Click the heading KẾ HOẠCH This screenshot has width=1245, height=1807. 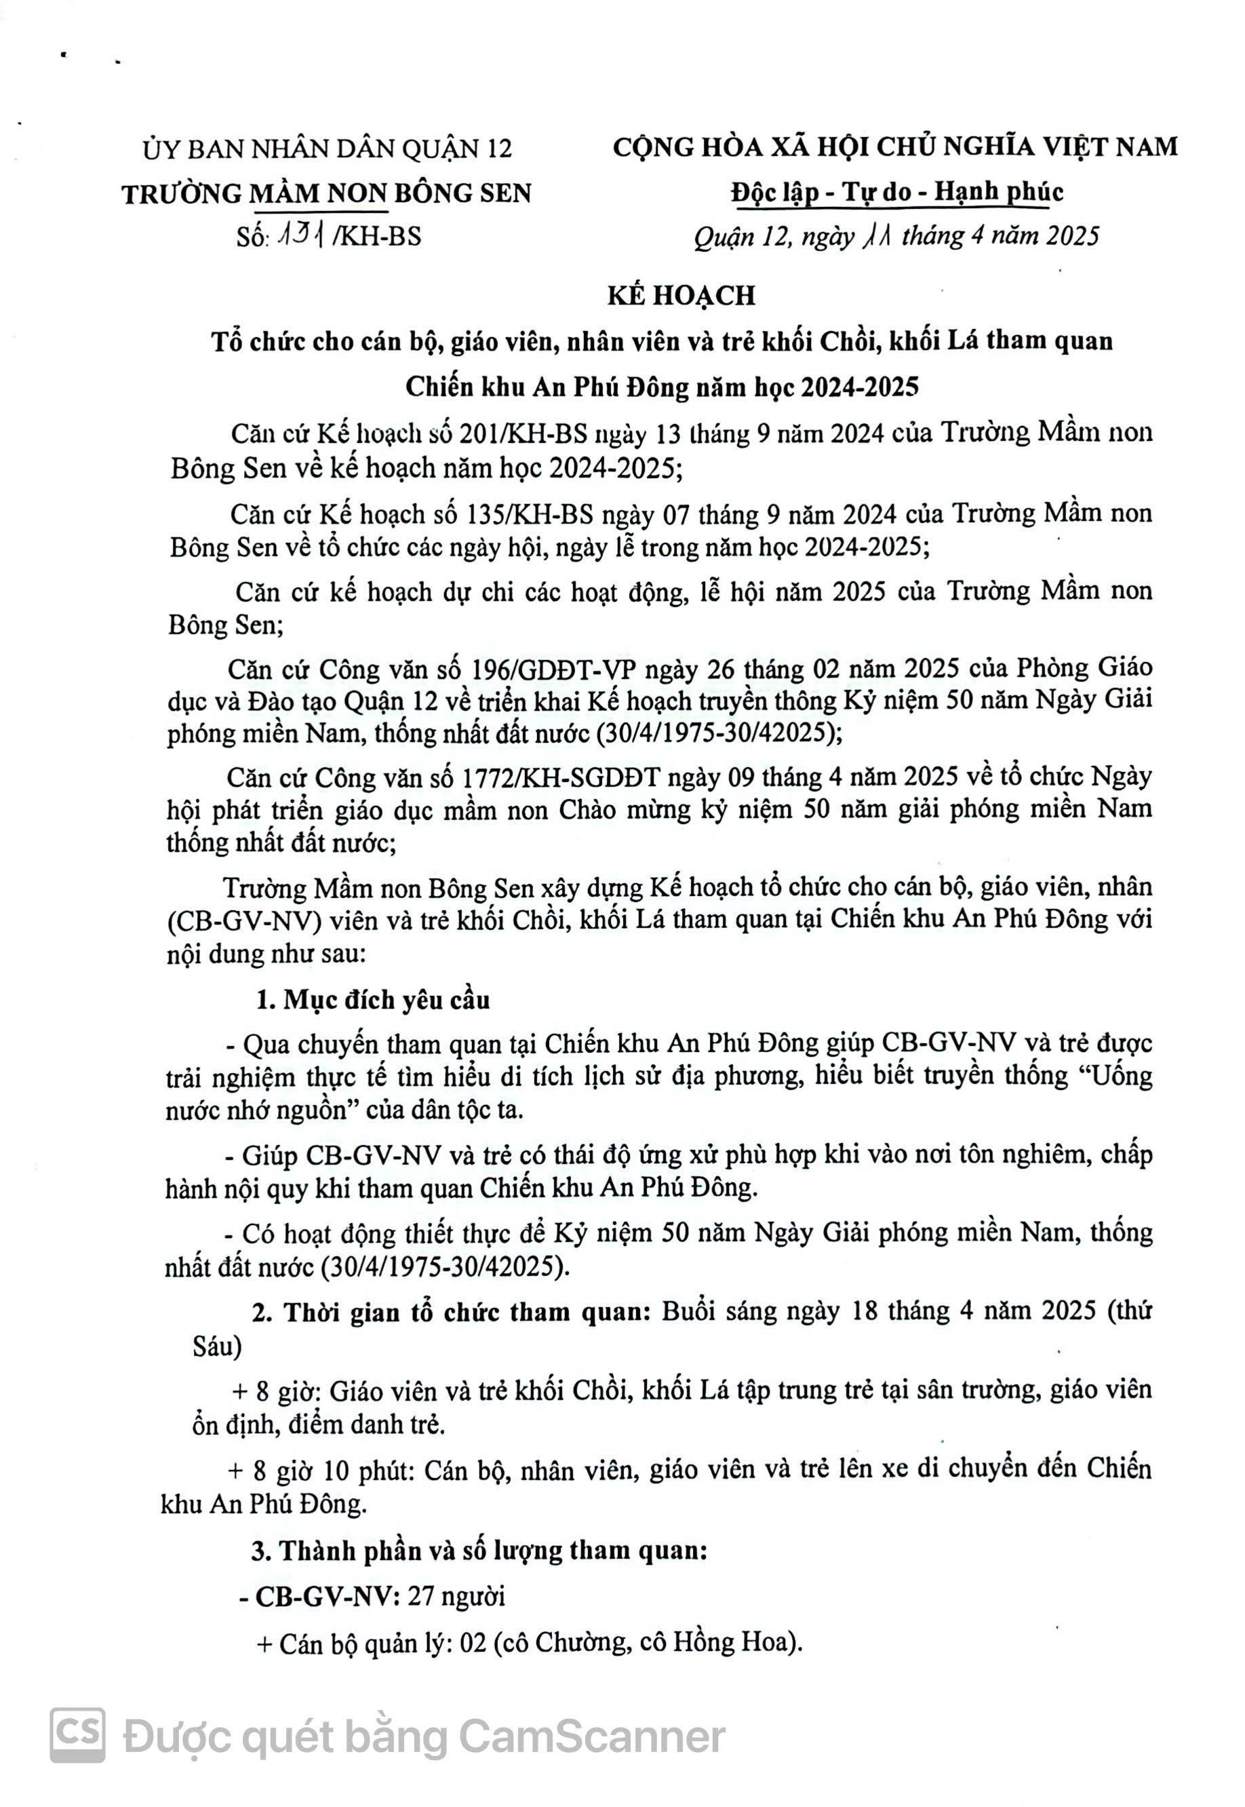click(x=681, y=295)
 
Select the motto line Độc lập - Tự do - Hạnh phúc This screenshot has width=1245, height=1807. click(x=896, y=192)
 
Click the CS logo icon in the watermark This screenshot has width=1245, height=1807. click(x=77, y=1734)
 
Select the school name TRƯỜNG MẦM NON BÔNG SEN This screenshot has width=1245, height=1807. click(x=327, y=193)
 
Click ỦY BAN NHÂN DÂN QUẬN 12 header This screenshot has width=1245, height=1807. click(x=328, y=149)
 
